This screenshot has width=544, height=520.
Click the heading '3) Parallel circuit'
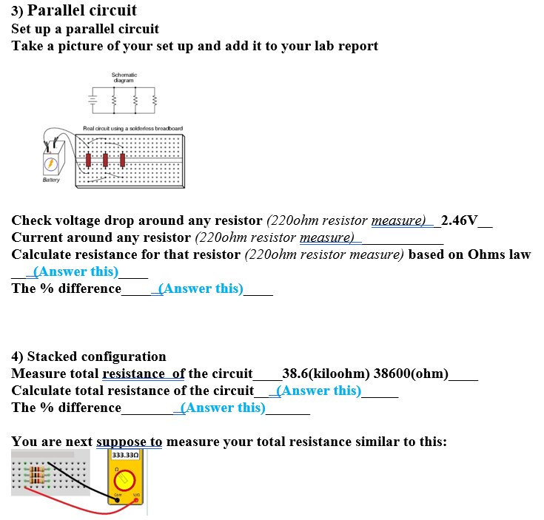point(74,10)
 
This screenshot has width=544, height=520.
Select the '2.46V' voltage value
point(459,220)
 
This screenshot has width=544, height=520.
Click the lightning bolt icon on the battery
point(50,163)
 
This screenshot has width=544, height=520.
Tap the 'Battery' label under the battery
point(50,180)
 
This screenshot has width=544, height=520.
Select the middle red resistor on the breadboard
point(106,159)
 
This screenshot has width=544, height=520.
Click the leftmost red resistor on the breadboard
point(89,159)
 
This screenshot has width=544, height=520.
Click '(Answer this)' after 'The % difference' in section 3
point(201,288)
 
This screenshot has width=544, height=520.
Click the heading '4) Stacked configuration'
point(89,357)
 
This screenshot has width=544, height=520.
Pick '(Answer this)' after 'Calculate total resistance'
point(318,391)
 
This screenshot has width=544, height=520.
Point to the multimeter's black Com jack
point(117,498)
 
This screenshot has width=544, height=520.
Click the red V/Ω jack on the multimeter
point(136,499)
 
